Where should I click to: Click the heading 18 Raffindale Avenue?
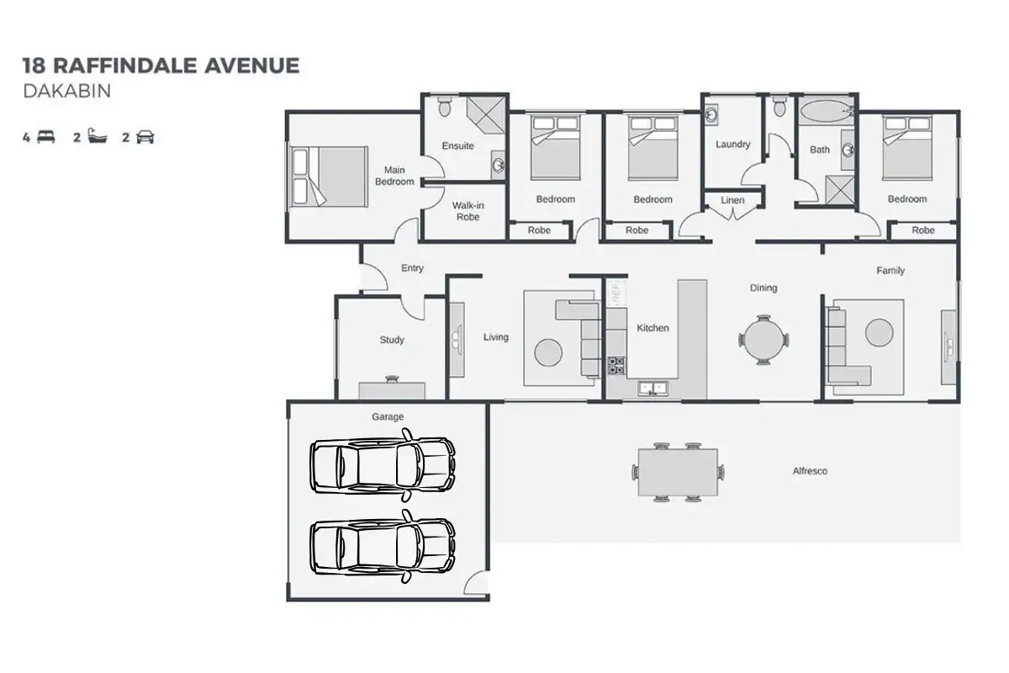[x=161, y=66]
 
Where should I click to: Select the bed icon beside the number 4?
[x=45, y=138]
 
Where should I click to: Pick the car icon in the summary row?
[x=145, y=138]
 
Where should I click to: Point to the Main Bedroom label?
[x=394, y=176]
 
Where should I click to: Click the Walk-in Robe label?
[x=468, y=211]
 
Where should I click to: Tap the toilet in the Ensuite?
[x=445, y=107]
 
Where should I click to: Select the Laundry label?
[x=732, y=144]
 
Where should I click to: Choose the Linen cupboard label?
[x=732, y=201]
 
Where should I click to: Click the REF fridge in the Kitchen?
[x=615, y=293]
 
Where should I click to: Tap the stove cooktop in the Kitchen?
[x=616, y=365]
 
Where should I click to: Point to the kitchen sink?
[x=652, y=389]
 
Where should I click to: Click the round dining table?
[x=763, y=340]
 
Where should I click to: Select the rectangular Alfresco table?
[x=678, y=472]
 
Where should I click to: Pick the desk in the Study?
[x=392, y=390]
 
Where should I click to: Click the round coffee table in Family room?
[x=879, y=333]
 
